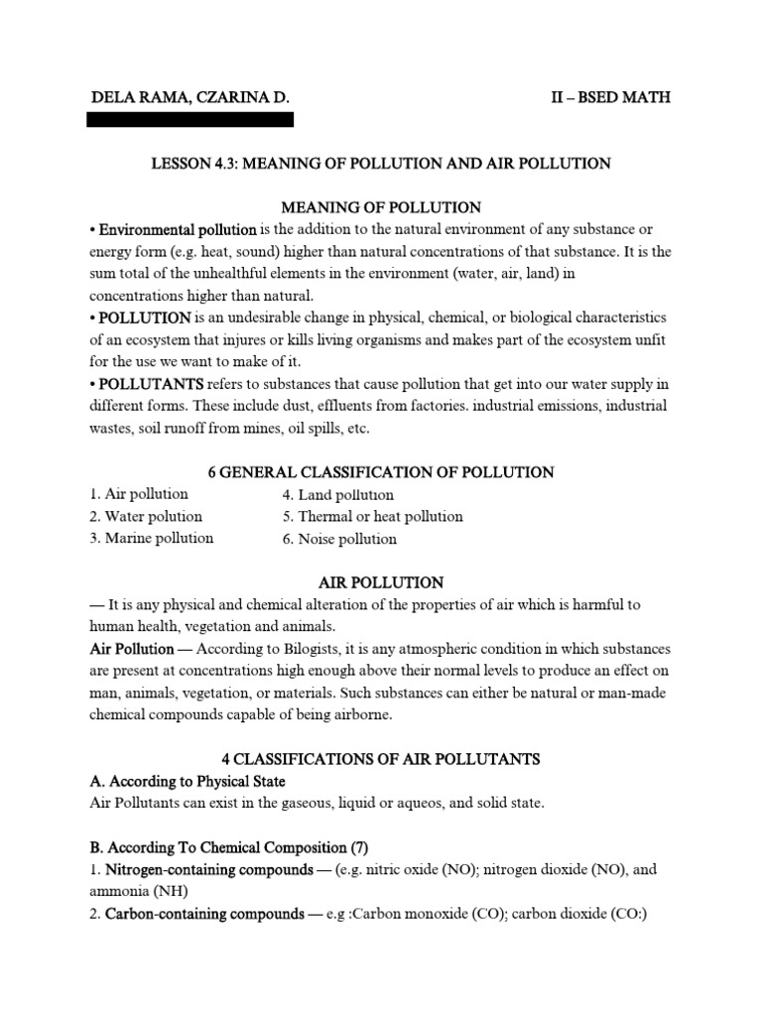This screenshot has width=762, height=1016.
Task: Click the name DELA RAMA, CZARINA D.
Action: (x=190, y=99)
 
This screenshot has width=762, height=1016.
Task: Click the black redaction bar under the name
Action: (x=190, y=120)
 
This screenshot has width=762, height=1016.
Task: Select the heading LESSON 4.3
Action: (x=380, y=163)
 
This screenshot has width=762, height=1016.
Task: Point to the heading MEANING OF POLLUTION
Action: (x=381, y=207)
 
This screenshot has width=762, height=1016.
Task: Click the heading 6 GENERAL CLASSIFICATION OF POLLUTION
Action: (x=381, y=472)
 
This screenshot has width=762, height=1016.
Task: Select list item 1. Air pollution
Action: (x=139, y=494)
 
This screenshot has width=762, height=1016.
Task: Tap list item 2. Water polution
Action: (x=146, y=516)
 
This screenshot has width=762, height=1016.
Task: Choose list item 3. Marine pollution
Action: (x=152, y=539)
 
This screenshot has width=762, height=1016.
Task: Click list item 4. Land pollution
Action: (x=338, y=494)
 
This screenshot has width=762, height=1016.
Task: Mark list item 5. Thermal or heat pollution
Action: (x=373, y=516)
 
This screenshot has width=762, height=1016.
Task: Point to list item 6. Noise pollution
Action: (x=339, y=539)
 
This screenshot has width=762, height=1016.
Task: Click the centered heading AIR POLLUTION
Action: (x=381, y=582)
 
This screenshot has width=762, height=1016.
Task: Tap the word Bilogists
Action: (x=332, y=649)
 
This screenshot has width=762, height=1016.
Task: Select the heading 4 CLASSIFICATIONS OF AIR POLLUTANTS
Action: (x=381, y=759)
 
